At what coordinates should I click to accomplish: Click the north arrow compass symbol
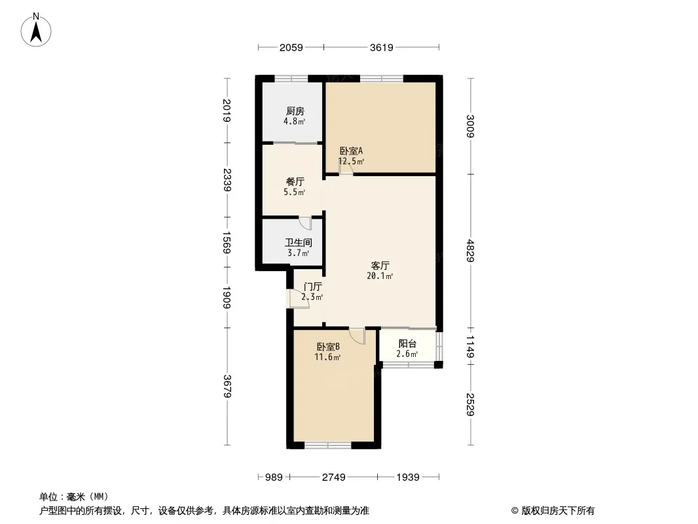click(x=36, y=29)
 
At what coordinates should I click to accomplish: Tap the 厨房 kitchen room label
click(x=295, y=111)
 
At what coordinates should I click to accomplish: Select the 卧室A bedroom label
click(x=351, y=151)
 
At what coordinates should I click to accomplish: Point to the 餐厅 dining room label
click(x=295, y=181)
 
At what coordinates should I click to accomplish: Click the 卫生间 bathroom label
click(x=298, y=242)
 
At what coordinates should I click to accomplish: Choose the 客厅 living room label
click(x=380, y=265)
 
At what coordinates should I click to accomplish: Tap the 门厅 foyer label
click(x=312, y=287)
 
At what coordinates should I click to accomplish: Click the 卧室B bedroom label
click(x=329, y=346)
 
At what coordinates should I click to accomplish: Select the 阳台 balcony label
click(x=407, y=344)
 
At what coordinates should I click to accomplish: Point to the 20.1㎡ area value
click(x=380, y=276)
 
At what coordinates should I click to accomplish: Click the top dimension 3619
click(x=382, y=47)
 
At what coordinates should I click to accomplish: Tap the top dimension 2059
click(x=291, y=47)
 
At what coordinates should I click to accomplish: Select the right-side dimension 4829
click(x=471, y=251)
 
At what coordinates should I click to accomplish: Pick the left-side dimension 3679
click(x=227, y=386)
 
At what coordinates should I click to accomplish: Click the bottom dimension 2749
click(x=334, y=477)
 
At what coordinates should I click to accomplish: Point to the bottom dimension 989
click(x=274, y=477)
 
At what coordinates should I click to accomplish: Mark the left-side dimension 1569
click(x=227, y=242)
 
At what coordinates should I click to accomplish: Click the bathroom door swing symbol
click(x=305, y=223)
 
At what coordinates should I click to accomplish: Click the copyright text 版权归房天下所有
click(x=558, y=511)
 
